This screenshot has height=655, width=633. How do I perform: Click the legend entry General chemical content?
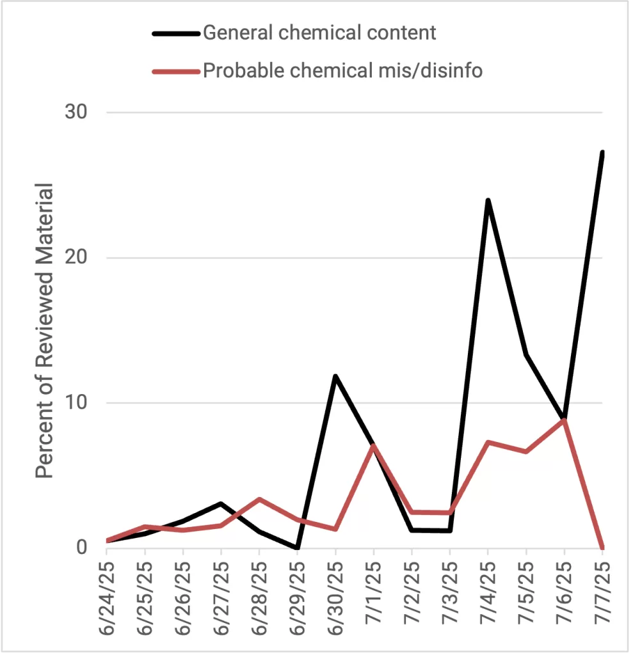pos(319,33)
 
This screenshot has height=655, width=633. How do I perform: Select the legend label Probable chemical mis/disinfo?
pos(342,70)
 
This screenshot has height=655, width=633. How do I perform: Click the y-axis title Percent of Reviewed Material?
pos(44,330)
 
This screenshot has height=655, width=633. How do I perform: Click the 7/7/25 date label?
pos(602,598)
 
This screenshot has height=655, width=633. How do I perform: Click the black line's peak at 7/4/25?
pos(488,200)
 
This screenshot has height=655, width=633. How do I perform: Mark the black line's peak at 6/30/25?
pos(335,376)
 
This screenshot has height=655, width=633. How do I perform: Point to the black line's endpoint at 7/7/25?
pos(602,153)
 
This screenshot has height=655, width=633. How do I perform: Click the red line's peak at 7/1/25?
pos(373,445)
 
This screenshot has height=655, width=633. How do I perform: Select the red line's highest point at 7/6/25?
pos(564,420)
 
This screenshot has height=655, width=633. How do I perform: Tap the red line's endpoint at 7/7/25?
pos(602,548)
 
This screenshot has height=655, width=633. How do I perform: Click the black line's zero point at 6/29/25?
pos(297,548)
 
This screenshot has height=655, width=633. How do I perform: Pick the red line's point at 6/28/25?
pos(259,499)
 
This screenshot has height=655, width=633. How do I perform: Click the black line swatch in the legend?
pos(175,33)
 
